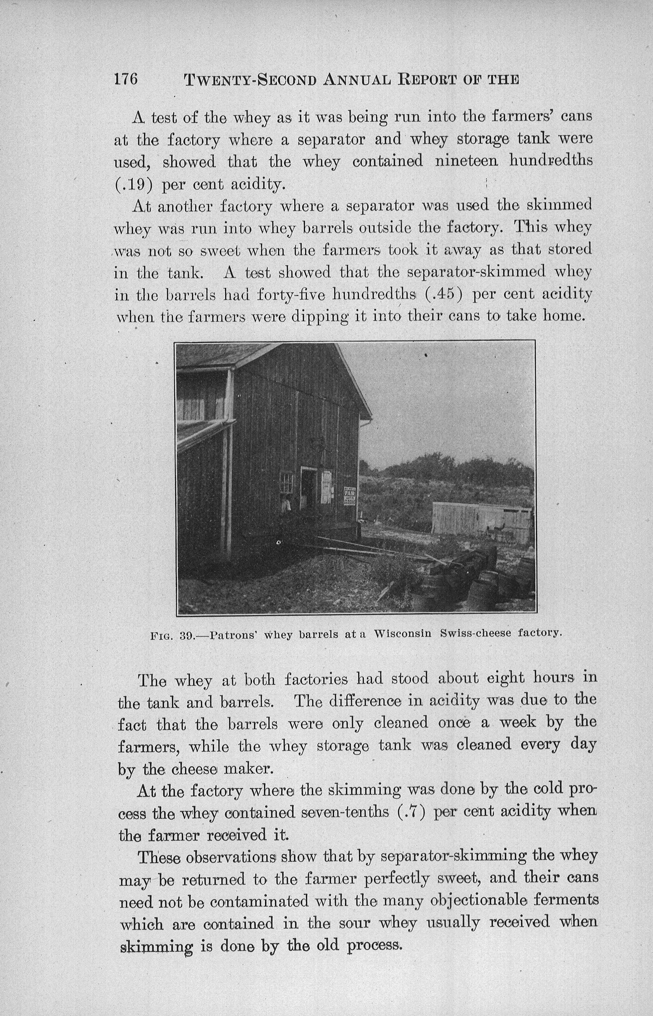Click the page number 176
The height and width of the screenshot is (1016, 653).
coord(126,79)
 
